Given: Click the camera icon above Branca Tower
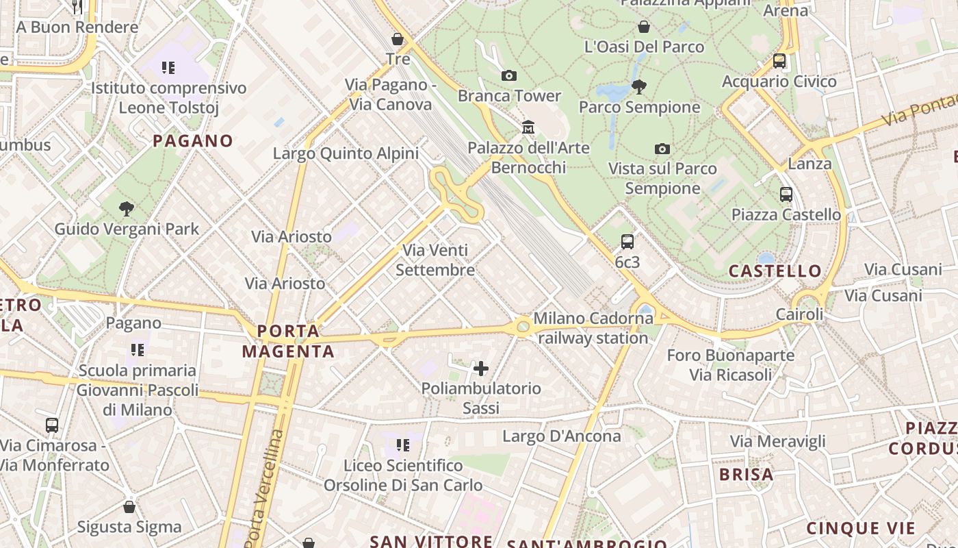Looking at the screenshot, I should [509, 75].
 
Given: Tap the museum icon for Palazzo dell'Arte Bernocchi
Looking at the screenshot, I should [528, 127].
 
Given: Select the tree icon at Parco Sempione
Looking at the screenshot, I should [639, 86].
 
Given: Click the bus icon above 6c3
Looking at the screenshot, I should [627, 241].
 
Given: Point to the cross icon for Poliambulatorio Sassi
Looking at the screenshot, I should [481, 369].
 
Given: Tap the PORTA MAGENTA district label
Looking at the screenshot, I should [288, 341].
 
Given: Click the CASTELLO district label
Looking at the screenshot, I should [775, 271].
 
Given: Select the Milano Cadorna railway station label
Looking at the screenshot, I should [593, 328].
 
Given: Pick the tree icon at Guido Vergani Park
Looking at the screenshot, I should [126, 208].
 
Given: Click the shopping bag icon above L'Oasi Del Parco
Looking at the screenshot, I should [643, 27].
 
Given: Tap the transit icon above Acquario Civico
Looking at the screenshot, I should [779, 61].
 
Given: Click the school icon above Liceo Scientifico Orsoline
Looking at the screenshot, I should [403, 445].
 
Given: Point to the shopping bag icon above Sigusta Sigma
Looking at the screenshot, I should [129, 507].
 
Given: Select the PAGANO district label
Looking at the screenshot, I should [193, 141].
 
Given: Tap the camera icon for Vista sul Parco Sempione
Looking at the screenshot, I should [662, 149].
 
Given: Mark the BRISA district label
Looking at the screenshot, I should [746, 474].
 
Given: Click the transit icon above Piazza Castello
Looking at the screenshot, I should [786, 195].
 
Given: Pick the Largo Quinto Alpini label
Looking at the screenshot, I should [346, 153].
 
